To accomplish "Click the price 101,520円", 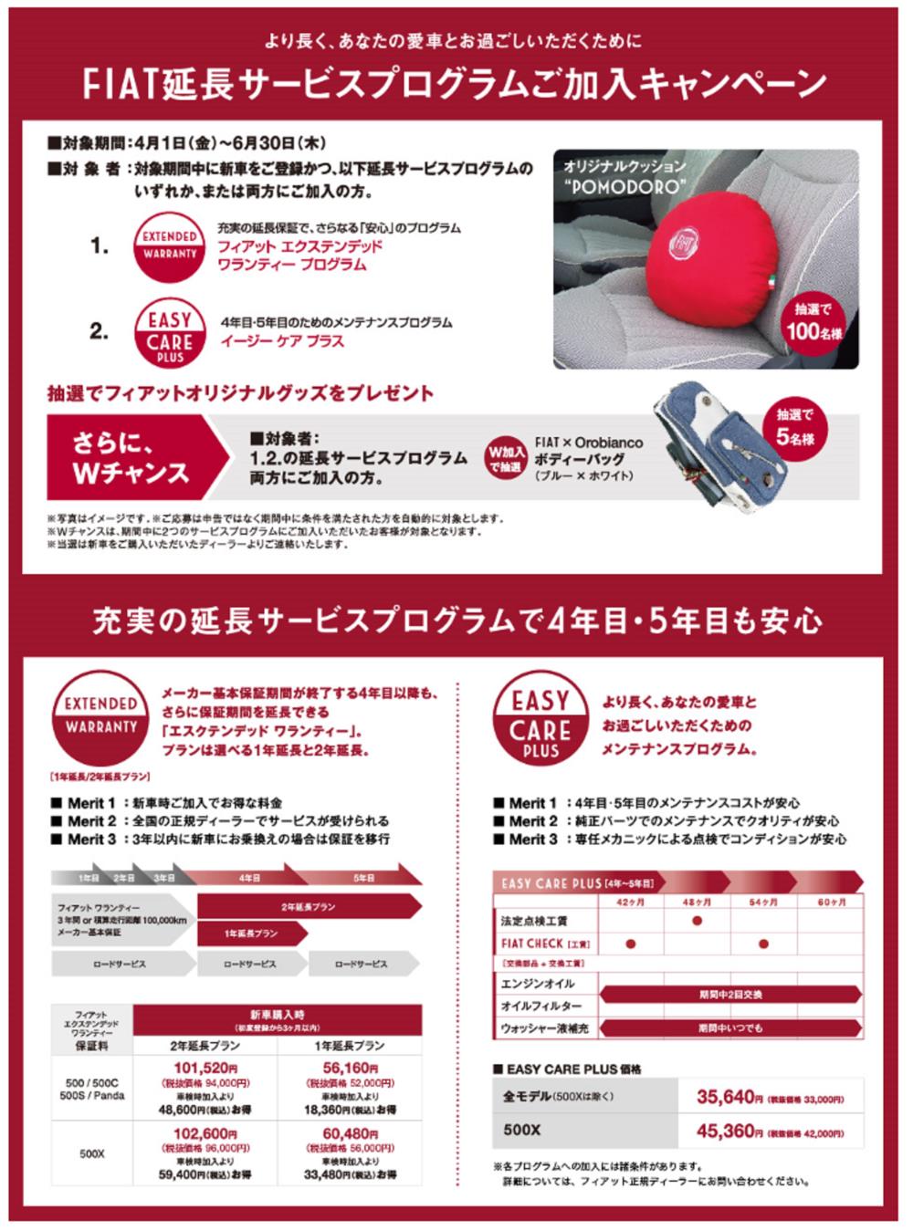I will pyautogui.click(x=205, y=1069).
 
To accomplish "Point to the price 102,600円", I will pyautogui.click(x=205, y=1134).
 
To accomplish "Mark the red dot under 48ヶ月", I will pyautogui.click(x=698, y=921).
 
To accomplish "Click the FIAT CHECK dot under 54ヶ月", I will pyautogui.click(x=763, y=944).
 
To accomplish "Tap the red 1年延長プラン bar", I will pyautogui.click(x=251, y=934).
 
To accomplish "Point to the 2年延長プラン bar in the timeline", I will pyautogui.click(x=309, y=907).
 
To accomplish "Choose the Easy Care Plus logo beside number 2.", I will pyautogui.click(x=170, y=333).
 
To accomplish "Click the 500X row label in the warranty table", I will pyautogui.click(x=91, y=1153).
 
